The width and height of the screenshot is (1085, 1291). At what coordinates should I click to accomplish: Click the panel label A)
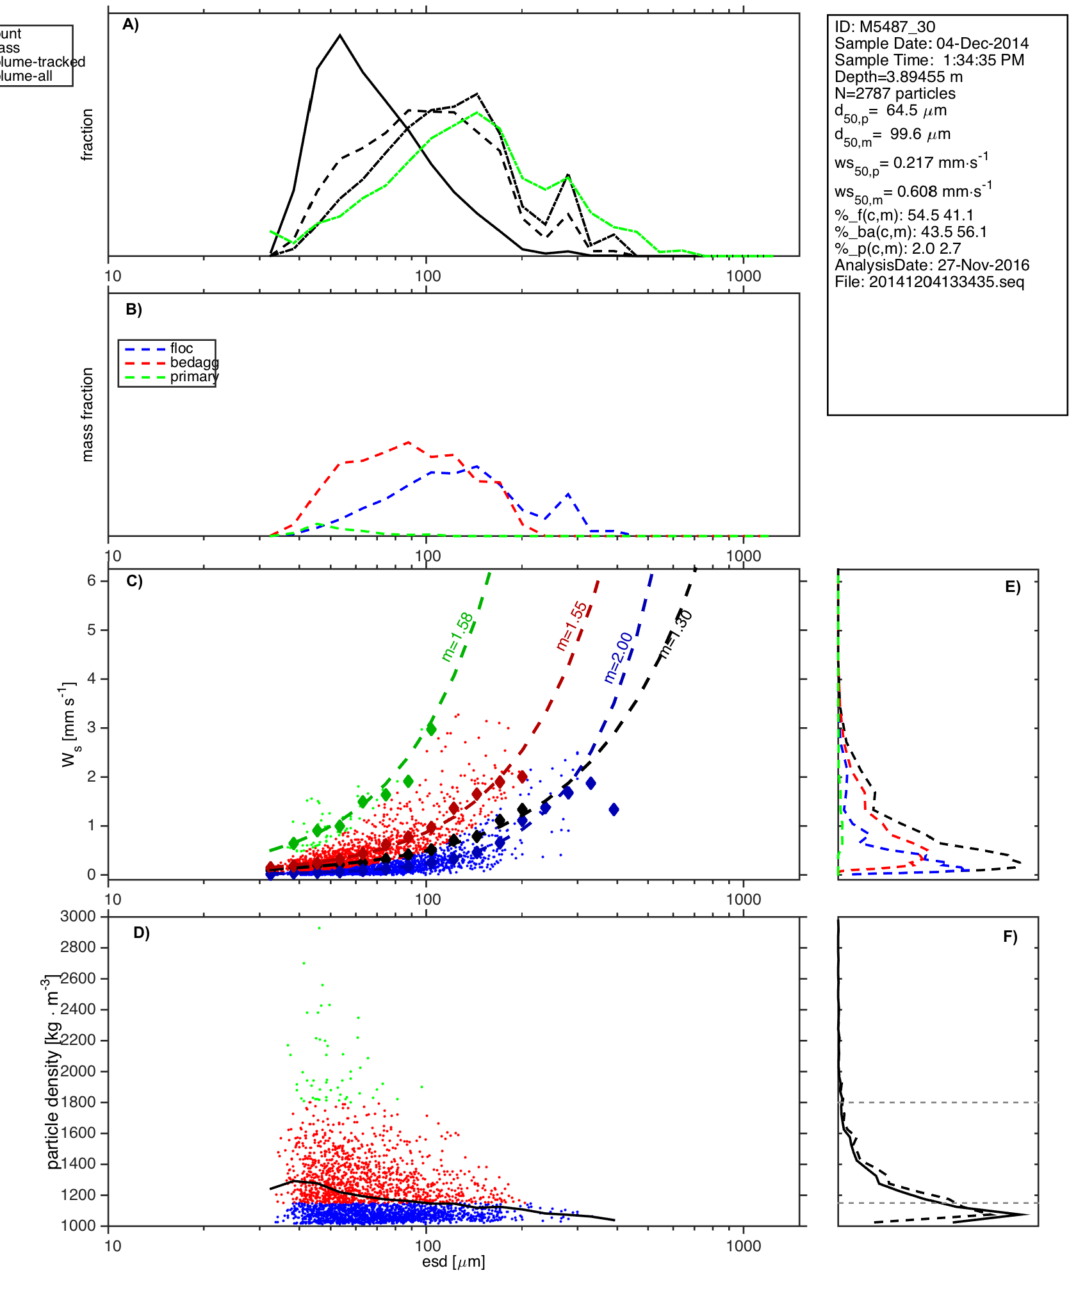pos(131,24)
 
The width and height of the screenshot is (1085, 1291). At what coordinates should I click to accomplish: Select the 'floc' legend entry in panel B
pos(181,349)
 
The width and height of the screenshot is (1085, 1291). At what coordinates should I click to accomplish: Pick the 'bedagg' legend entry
pos(194,363)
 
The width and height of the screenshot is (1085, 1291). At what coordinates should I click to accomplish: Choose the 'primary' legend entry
pos(194,377)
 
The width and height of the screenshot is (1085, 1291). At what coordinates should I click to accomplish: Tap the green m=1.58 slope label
pos(457,637)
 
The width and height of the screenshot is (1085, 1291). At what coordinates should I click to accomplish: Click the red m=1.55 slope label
pos(571,626)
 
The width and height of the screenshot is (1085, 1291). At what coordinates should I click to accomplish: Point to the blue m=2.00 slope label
pos(618,657)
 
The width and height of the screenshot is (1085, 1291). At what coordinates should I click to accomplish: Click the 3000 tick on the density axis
pos(78,916)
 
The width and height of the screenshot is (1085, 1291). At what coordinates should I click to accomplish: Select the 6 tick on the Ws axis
pos(92,580)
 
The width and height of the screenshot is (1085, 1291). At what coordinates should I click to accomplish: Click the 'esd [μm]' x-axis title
pos(453,1262)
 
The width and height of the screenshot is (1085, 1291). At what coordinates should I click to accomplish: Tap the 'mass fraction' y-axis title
pos(88,415)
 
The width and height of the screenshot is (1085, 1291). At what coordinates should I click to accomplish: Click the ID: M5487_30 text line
pos(885,27)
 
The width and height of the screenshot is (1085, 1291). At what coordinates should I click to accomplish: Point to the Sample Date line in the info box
pos(931,44)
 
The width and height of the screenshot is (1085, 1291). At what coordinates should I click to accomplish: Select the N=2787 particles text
pos(895,94)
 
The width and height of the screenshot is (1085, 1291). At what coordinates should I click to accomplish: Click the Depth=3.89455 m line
pos(899,77)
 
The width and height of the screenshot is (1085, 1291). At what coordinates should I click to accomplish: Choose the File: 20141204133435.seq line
pos(929,282)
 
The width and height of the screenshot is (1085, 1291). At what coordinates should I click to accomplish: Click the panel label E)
pos(1013,588)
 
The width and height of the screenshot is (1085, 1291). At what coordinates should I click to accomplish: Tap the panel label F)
pos(1010,937)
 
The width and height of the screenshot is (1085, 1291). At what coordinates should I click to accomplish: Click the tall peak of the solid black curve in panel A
pos(340,35)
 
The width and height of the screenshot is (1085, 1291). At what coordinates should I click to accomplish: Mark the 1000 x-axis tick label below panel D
pos(744,1246)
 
